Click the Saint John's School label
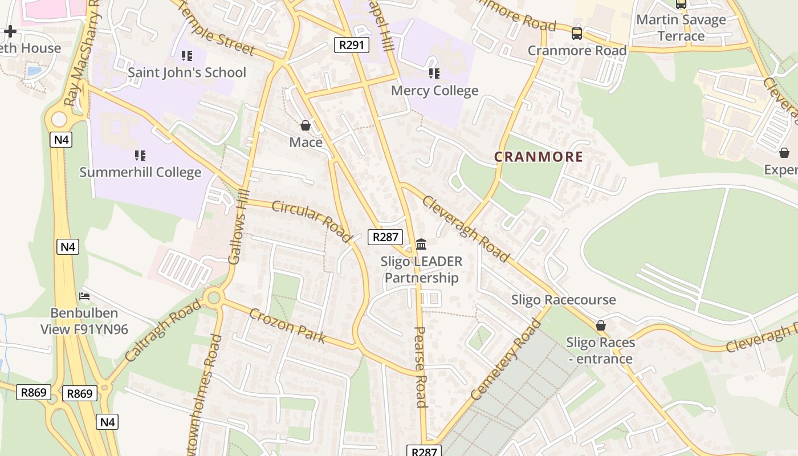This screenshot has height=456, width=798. [186, 72]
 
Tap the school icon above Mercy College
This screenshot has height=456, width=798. [434, 74]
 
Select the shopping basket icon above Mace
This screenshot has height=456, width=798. [306, 125]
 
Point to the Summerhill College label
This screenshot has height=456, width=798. [140, 172]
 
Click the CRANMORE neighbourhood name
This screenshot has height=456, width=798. [538, 157]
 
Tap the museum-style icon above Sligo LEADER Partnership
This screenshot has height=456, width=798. [421, 245]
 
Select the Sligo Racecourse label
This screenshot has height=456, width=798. [563, 300]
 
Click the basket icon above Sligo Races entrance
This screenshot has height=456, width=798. [600, 325]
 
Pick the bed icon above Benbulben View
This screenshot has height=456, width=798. [84, 296]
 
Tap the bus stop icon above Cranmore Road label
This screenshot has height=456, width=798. [577, 34]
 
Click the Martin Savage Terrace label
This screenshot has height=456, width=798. [681, 28]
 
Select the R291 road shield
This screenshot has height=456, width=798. [351, 45]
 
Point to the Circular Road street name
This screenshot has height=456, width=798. [312, 221]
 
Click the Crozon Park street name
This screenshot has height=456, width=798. [288, 325]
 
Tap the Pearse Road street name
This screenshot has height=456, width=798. [421, 367]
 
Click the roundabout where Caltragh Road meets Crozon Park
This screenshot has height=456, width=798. [214, 297]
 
